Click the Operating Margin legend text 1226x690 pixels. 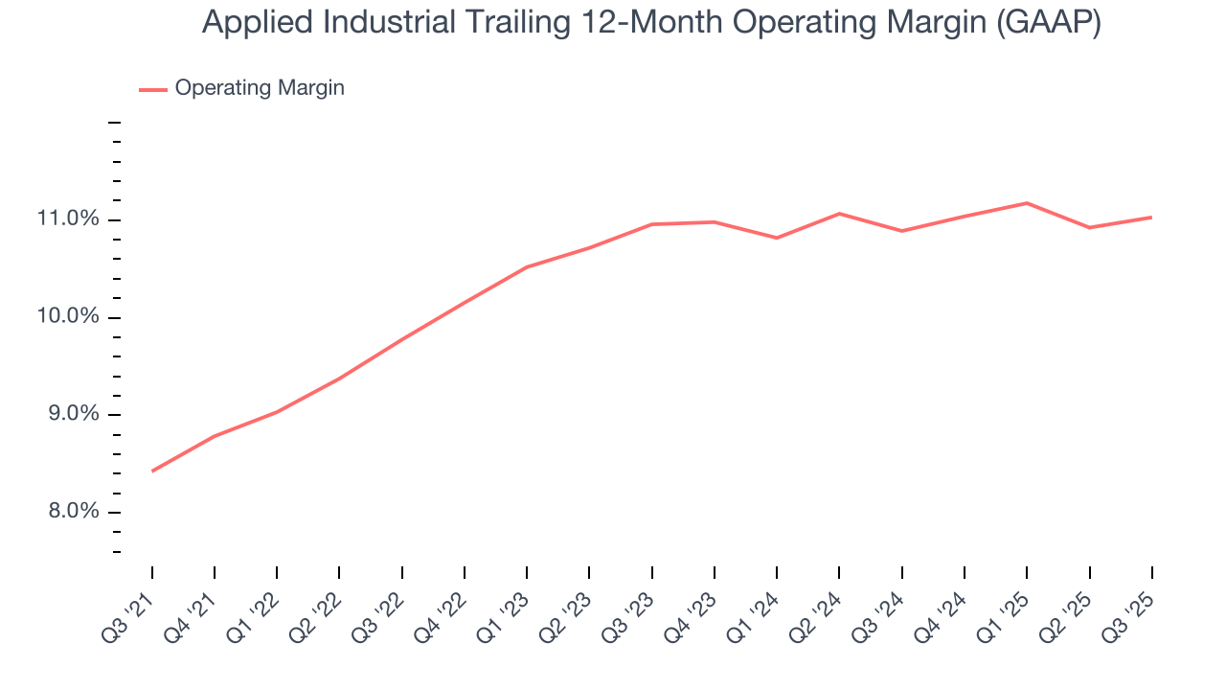(260, 88)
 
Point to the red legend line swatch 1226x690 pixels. (153, 89)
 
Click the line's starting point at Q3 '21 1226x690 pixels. (152, 471)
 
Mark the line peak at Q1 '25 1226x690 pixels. (1027, 203)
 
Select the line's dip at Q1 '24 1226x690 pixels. (777, 238)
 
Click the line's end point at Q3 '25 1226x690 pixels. (1151, 218)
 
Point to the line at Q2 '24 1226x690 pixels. (839, 214)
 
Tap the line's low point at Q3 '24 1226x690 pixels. (901, 231)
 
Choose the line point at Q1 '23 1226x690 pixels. (527, 267)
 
